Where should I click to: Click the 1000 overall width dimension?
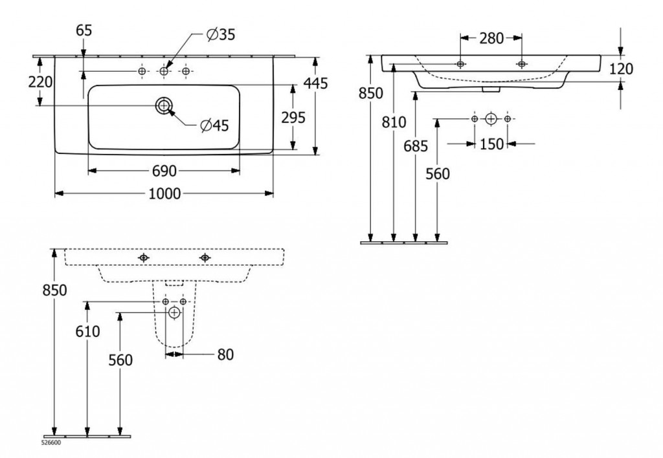[163, 193]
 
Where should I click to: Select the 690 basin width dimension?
[164, 171]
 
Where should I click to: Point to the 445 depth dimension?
[316, 83]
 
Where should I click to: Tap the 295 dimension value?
[293, 116]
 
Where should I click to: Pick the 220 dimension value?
[40, 82]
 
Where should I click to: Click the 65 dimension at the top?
[84, 30]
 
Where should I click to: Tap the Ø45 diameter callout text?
[214, 125]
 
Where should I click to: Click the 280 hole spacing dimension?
[491, 38]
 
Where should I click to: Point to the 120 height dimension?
[621, 69]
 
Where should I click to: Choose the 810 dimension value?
[394, 122]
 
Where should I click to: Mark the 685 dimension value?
[415, 146]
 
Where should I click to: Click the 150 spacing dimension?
[492, 144]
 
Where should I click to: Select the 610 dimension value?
[87, 331]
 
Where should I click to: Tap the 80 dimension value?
[225, 354]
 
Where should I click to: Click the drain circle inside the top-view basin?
[163, 106]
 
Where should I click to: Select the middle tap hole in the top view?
[164, 71]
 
